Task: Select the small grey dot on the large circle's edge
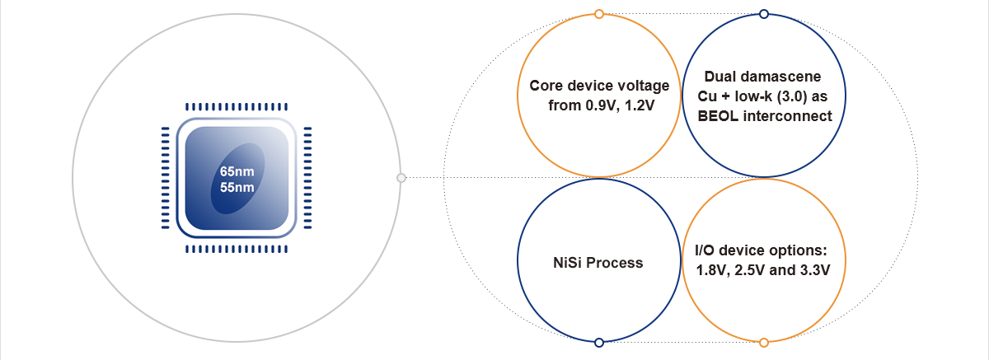401,177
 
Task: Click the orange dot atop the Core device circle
598,13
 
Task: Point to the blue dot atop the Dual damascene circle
763,13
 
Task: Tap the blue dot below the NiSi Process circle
598,342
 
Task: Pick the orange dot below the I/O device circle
763,342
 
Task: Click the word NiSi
569,264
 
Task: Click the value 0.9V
596,106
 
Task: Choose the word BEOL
717,116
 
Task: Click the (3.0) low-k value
786,96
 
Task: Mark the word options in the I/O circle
793,250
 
